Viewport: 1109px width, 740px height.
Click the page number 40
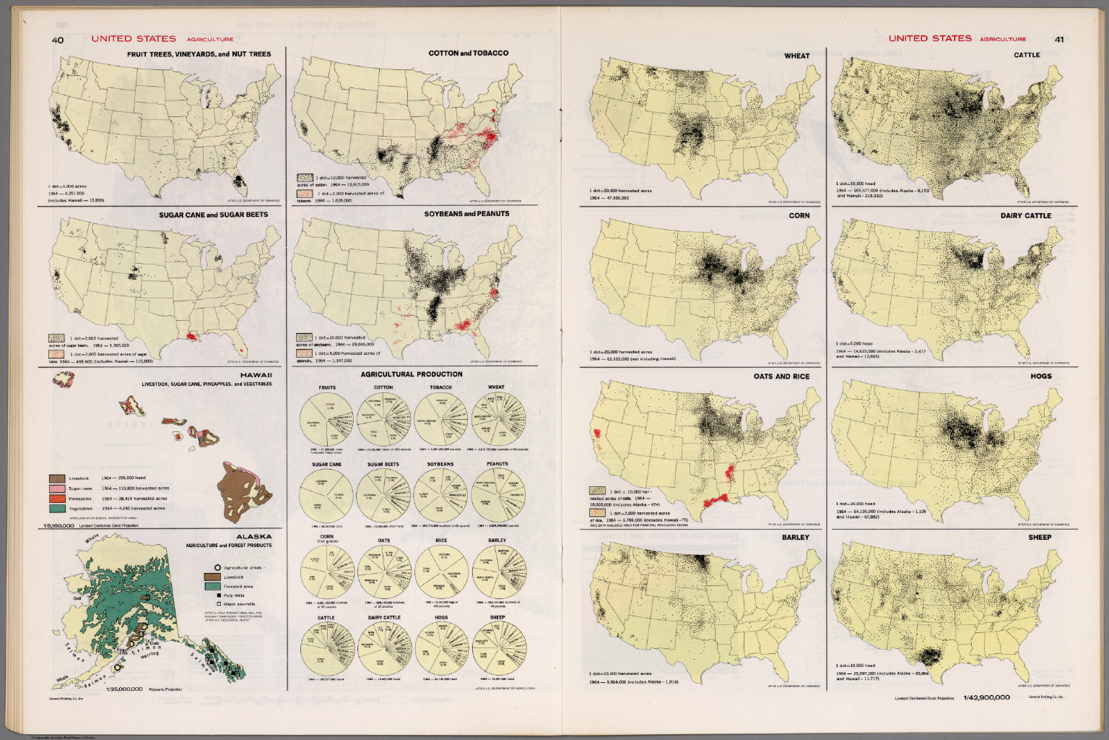click(x=57, y=40)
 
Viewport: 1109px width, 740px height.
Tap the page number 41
click(x=1058, y=40)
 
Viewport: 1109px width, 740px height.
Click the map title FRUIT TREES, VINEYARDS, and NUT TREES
click(x=199, y=54)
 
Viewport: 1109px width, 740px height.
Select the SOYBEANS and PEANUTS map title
click(x=469, y=214)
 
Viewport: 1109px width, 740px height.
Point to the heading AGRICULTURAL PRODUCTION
click(x=412, y=374)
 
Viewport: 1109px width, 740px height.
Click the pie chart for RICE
click(x=441, y=571)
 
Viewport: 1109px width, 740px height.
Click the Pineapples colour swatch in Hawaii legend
click(x=57, y=499)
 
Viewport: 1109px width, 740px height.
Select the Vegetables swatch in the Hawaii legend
click(x=57, y=509)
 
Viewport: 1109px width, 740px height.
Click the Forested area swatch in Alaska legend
click(x=212, y=586)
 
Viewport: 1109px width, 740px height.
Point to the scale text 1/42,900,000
click(x=986, y=697)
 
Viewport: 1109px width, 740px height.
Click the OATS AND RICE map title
click(x=782, y=377)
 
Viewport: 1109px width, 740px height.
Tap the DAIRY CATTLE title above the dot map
click(x=1026, y=215)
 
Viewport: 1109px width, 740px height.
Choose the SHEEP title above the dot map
click(x=1040, y=538)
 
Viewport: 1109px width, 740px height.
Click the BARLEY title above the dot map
click(x=796, y=538)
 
